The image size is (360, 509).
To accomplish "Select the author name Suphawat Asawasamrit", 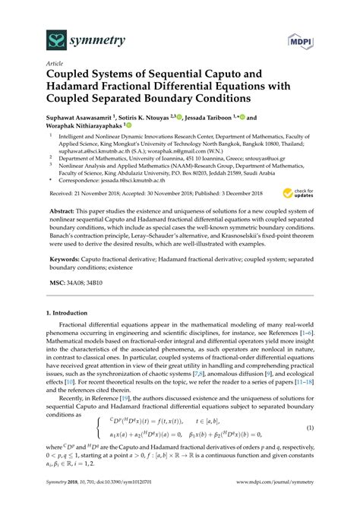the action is click(x=72, y=119).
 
